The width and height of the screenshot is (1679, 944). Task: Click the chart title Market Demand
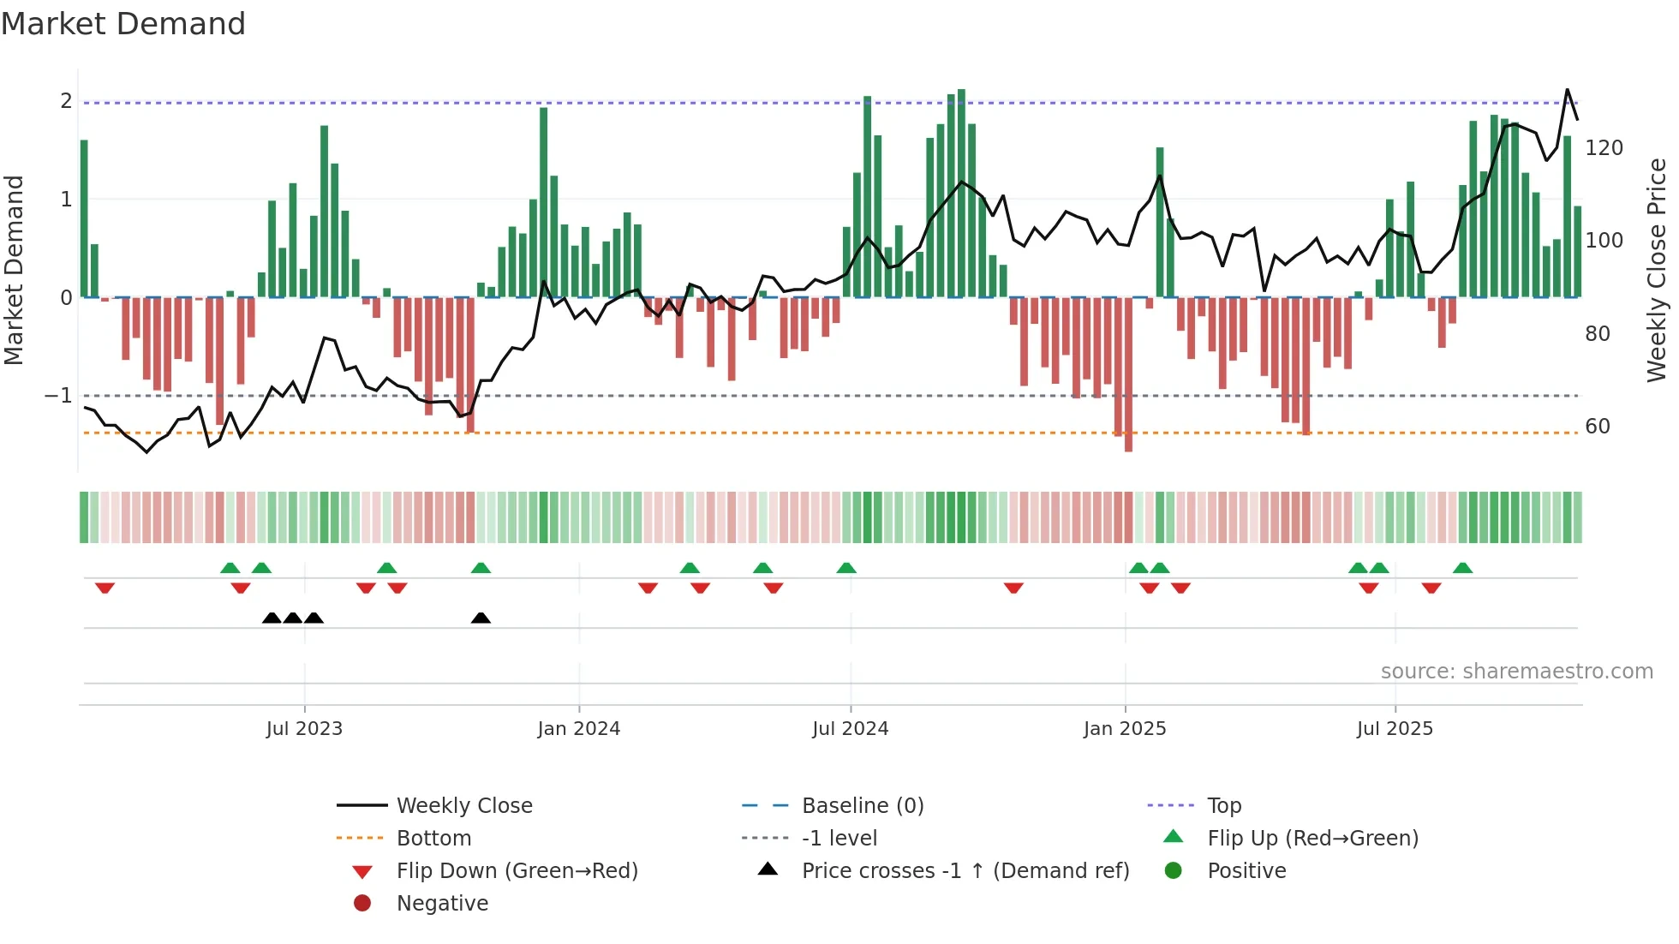point(123,24)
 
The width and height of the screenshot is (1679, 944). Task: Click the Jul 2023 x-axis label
point(304,729)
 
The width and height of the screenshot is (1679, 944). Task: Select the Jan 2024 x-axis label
point(578,729)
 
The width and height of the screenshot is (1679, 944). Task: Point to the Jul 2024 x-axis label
point(850,729)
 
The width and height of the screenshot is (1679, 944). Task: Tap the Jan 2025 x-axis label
point(1124,729)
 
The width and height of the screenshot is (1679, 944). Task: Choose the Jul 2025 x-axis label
point(1395,729)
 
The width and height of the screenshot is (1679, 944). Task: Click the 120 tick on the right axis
point(1604,148)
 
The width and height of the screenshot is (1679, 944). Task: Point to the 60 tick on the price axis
point(1597,427)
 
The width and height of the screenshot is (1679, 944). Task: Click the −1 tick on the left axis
point(58,396)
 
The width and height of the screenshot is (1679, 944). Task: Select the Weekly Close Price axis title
point(1657,270)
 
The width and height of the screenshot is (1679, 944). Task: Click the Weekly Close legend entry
point(463,806)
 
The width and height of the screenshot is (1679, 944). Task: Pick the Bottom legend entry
point(433,839)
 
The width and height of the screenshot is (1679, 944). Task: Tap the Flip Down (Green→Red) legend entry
point(517,871)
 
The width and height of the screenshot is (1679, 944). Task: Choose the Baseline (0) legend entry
point(862,806)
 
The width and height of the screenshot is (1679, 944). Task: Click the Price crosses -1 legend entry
point(965,871)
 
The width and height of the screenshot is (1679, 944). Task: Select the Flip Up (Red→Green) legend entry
point(1312,839)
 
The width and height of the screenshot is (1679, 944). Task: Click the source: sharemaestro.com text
point(1516,672)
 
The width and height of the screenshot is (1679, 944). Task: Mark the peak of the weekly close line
point(1567,90)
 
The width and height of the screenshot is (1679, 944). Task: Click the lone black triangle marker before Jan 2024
point(481,618)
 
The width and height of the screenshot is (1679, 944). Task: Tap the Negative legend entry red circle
point(362,904)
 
